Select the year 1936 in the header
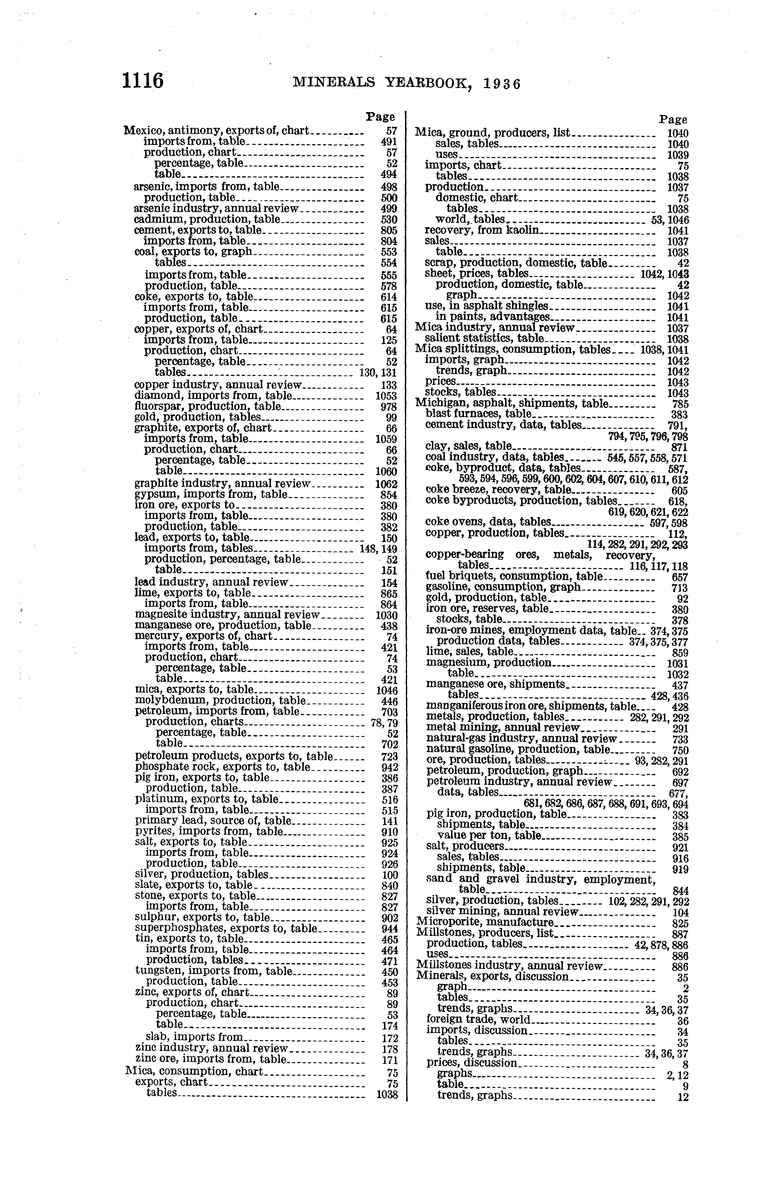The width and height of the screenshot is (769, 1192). point(502,83)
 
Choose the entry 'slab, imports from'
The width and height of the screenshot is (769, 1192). point(194,1037)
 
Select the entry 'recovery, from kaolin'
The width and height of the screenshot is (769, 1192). point(482,230)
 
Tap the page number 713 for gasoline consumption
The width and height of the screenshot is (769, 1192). point(680,588)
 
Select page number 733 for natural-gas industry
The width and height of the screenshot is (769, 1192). point(680,739)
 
